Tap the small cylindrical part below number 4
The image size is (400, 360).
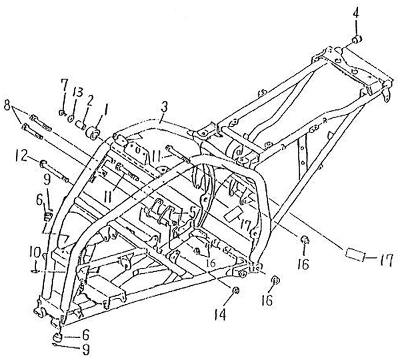pyautogui.click(x=357, y=40)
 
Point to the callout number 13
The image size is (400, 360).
pyautogui.click(x=78, y=92)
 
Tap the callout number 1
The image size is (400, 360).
pyautogui.click(x=105, y=106)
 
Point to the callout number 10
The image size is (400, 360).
pyautogui.click(x=35, y=253)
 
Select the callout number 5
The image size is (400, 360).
pyautogui.click(x=193, y=211)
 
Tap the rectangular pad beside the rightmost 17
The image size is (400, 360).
pyautogui.click(x=355, y=255)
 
